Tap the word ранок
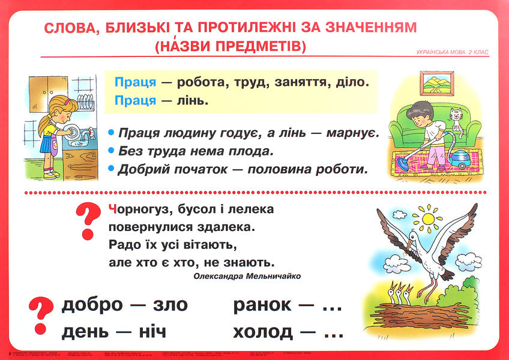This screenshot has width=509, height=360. (x=262, y=305)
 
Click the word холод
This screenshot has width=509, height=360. (x=263, y=331)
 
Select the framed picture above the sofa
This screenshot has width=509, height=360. (x=436, y=83)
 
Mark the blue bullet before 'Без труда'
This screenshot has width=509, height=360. (x=110, y=151)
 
